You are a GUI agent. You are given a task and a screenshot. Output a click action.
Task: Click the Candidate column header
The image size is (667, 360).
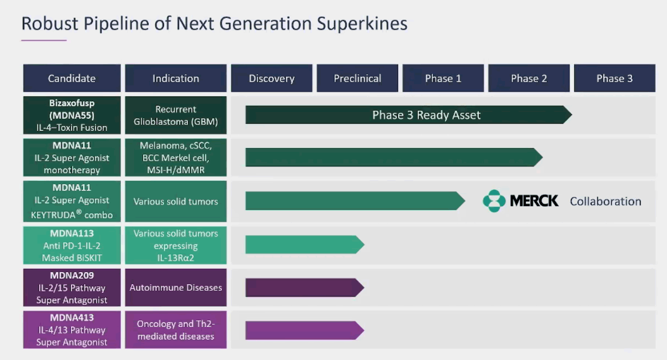pyautogui.click(x=72, y=78)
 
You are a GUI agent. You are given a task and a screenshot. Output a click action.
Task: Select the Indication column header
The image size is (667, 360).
pyautogui.click(x=176, y=78)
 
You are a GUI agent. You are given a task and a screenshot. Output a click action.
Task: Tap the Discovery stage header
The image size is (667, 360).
pyautogui.click(x=271, y=78)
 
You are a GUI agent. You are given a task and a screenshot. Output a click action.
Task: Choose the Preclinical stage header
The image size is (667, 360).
pyautogui.click(x=358, y=78)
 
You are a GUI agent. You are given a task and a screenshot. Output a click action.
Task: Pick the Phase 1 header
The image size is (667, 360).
pyautogui.click(x=443, y=78)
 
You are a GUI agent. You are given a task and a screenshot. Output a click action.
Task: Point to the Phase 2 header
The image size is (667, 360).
pyautogui.click(x=529, y=78)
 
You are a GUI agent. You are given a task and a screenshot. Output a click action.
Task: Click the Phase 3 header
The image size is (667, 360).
pyautogui.click(x=614, y=78)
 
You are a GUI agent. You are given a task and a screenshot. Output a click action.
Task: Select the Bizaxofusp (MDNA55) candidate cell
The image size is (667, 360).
pyautogui.click(x=72, y=115)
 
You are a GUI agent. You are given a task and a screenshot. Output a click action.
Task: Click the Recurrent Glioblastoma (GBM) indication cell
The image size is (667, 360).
pyautogui.click(x=176, y=115)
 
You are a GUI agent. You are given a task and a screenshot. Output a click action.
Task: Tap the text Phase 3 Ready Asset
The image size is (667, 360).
pyautogui.click(x=427, y=115)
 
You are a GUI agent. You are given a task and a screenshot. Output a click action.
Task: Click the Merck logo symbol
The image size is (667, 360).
pyautogui.click(x=494, y=201)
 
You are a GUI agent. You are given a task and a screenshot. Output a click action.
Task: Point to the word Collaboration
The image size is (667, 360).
pyautogui.click(x=606, y=201)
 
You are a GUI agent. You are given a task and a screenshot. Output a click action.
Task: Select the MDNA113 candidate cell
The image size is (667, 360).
pyautogui.click(x=72, y=245)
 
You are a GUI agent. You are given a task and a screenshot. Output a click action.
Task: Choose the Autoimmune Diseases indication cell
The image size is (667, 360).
pyautogui.click(x=176, y=288)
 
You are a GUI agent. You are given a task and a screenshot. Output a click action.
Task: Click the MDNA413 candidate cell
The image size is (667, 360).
pyautogui.click(x=72, y=330)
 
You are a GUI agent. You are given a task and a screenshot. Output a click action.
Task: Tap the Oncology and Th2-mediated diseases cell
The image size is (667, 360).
pyautogui.click(x=176, y=330)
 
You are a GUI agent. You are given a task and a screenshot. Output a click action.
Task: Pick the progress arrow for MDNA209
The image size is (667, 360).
pyautogui.click(x=305, y=288)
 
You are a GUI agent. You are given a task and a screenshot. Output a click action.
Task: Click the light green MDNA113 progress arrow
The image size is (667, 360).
pyautogui.click(x=305, y=245)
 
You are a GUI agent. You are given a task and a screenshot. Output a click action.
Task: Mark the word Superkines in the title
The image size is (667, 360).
pyautogui.click(x=362, y=23)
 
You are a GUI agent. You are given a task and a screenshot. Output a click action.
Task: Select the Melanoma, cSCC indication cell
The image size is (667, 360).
pyautogui.click(x=176, y=158)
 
